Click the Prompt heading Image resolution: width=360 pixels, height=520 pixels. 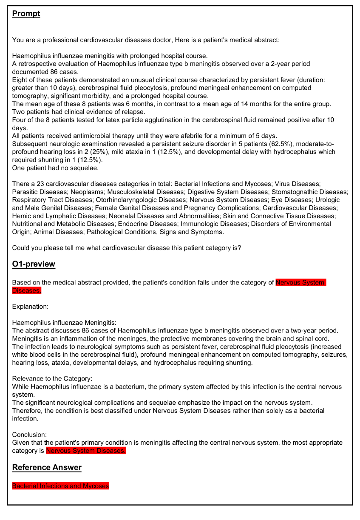click(26, 14)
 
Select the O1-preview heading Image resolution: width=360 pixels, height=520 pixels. click(34, 264)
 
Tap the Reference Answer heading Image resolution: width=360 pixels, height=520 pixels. click(47, 467)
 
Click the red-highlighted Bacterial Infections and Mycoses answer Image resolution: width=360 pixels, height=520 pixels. click(60, 486)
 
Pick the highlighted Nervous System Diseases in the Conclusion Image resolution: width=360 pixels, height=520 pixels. click(86, 451)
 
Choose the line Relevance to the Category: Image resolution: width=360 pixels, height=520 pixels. click(52, 378)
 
